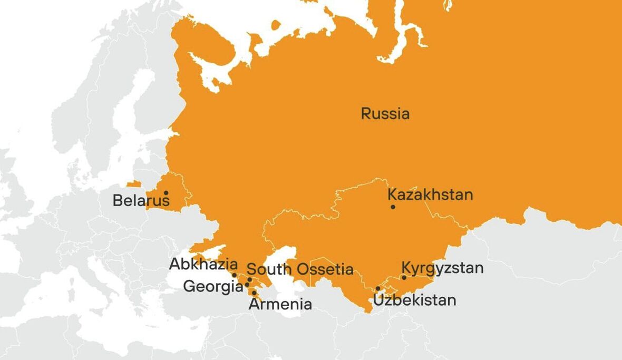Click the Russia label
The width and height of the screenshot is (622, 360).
385,113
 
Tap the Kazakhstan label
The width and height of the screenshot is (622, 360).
430,194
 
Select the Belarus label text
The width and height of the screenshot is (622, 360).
141,201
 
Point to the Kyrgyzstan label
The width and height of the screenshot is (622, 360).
442,268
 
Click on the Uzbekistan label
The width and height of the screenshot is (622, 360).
414,300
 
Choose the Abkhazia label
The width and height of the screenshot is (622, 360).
203,264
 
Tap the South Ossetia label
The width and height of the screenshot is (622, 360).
300,269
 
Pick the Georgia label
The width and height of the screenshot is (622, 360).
212,287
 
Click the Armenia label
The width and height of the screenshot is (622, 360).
280,304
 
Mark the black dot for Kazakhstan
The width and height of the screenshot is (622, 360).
393,207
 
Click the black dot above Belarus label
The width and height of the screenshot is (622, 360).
166,193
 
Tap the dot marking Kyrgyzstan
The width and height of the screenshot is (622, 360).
404,277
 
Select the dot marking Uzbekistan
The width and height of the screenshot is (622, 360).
378,288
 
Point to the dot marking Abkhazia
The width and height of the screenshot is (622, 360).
234,275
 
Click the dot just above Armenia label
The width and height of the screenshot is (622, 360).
254,293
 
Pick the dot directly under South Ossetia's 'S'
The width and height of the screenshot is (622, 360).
249,279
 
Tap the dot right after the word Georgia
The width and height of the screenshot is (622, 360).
247,285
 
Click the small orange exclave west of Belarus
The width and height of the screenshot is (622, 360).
133,184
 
